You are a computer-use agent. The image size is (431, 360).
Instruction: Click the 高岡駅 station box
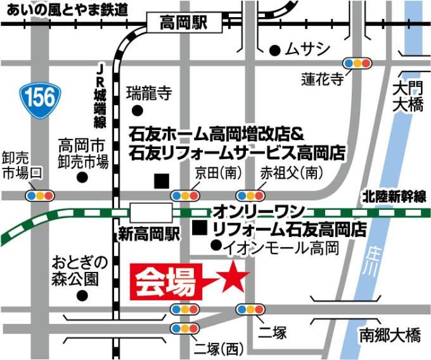click(x=184, y=23)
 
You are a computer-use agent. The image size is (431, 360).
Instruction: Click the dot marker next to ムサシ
click(x=274, y=49)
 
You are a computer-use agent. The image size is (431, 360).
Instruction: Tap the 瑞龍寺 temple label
click(x=149, y=94)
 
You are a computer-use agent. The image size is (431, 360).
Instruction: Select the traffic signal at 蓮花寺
click(x=356, y=63)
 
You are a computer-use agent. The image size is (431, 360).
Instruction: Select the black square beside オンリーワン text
click(x=201, y=227)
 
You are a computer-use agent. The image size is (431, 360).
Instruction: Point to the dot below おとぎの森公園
click(x=81, y=295)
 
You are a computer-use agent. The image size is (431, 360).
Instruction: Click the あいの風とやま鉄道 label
click(x=65, y=9)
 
